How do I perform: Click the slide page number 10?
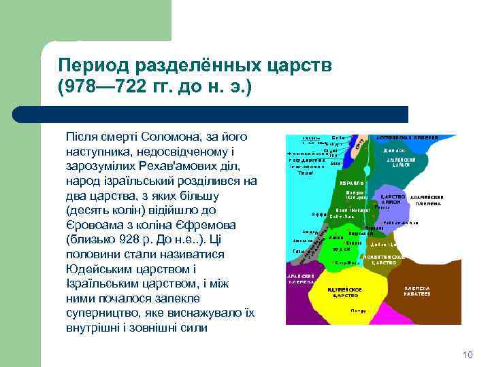pos(467,355)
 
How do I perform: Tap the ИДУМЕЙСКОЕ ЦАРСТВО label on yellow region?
pos(346,293)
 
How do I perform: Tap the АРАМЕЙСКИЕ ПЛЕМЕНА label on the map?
pos(426,200)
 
